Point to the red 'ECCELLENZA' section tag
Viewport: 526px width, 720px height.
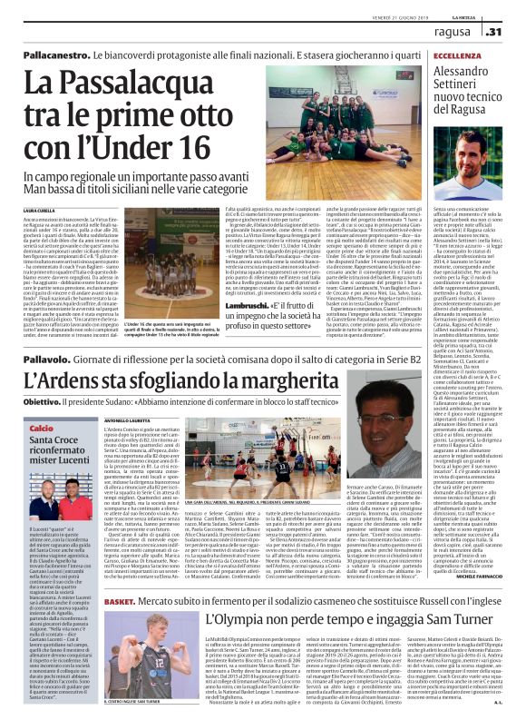[433, 54]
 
